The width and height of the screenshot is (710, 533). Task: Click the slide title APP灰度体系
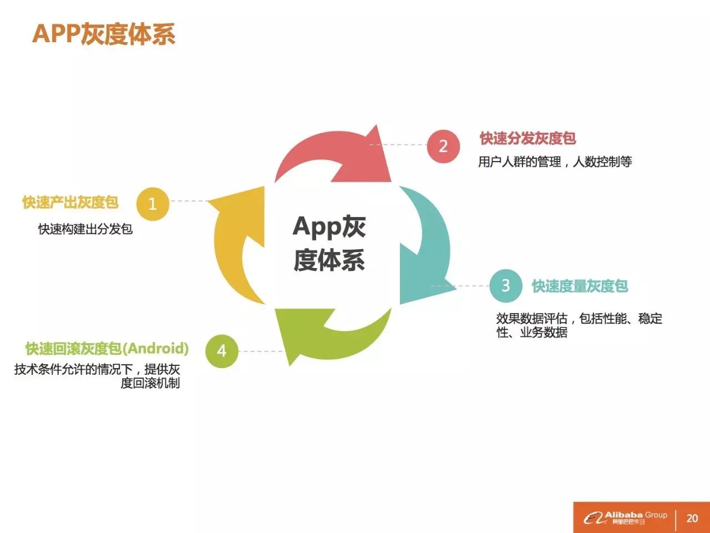(x=104, y=33)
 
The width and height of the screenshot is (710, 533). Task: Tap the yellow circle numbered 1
(x=153, y=204)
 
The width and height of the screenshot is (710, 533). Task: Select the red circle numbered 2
(x=443, y=146)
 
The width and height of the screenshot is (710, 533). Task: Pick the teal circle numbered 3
(x=505, y=285)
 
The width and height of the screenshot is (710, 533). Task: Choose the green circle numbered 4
(x=221, y=351)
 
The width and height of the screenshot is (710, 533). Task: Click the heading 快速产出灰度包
(x=70, y=203)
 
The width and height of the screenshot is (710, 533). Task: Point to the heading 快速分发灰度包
(x=528, y=138)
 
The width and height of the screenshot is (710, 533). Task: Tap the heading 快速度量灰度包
(x=580, y=286)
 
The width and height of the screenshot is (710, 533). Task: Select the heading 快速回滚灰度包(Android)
(x=107, y=349)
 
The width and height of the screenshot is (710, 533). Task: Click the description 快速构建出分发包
(x=85, y=229)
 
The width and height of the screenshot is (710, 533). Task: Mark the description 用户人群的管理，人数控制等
(x=555, y=162)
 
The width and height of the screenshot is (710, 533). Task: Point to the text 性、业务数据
(x=532, y=333)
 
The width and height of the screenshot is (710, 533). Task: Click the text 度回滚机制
(x=150, y=383)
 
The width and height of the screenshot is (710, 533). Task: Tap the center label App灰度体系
(x=329, y=243)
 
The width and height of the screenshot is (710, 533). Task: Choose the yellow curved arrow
(x=236, y=244)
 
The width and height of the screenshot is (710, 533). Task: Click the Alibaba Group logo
(x=625, y=517)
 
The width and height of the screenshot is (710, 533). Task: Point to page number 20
(x=692, y=518)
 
